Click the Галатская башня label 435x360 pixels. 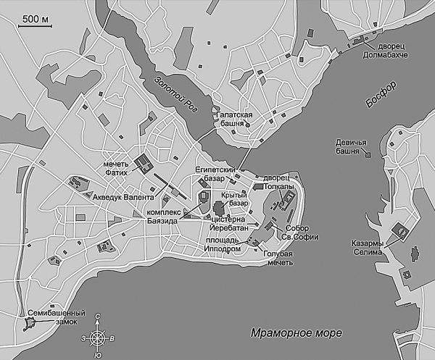click(x=233, y=120)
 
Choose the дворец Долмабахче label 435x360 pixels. click(x=386, y=50)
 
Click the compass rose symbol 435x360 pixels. click(x=98, y=338)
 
